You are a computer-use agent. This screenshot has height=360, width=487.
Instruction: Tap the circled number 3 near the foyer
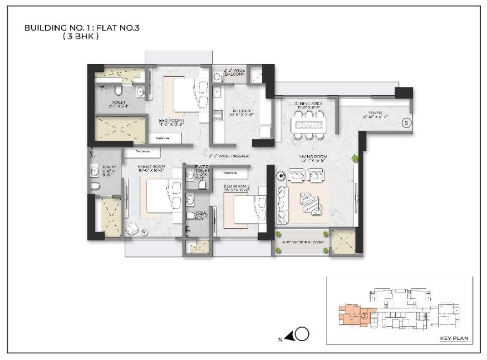click(406, 122)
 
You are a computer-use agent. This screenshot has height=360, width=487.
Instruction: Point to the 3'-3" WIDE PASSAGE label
click(230, 156)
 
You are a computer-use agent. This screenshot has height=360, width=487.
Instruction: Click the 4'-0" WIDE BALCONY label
click(301, 243)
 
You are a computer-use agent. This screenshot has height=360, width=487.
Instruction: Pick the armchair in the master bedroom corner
click(132, 228)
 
